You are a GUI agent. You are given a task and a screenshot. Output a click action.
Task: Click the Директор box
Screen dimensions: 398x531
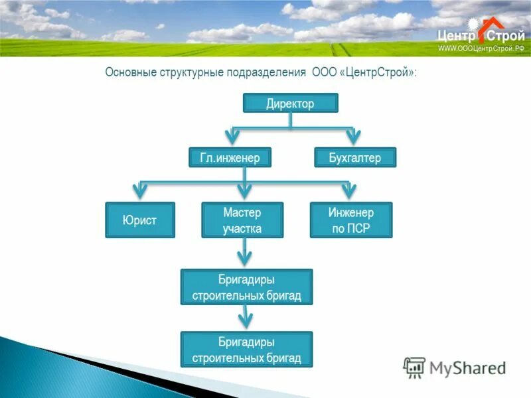tap(291, 103)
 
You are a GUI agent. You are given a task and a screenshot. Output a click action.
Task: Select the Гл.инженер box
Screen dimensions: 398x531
tap(230, 157)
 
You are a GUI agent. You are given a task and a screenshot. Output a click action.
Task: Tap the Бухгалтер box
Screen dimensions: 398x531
tap(354, 157)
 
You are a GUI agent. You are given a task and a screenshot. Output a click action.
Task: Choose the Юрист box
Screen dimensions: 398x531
tap(140, 220)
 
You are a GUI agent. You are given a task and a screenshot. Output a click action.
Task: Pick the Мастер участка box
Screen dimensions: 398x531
tap(242, 220)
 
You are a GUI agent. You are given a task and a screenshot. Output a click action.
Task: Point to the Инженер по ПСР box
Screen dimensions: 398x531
tap(351, 220)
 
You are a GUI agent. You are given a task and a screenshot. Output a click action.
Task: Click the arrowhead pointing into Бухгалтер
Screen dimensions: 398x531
tap(353, 137)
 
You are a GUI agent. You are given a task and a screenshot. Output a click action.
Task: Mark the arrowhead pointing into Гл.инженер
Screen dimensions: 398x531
tap(231, 137)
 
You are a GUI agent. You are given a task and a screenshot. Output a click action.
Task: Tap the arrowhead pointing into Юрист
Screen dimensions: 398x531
tap(141, 191)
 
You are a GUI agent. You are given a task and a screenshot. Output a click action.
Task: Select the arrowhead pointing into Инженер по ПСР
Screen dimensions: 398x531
tap(349, 191)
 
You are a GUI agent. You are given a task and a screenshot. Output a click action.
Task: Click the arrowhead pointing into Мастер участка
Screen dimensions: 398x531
tap(244, 191)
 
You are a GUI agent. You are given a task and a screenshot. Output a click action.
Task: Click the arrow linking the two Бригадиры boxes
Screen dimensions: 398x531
tap(245, 317)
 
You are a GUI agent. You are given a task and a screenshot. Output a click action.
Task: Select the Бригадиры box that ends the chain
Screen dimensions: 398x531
tap(246, 350)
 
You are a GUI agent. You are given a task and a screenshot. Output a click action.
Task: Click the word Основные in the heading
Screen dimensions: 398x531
tap(129, 72)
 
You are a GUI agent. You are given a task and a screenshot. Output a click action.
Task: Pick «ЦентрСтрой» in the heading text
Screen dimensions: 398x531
tap(377, 72)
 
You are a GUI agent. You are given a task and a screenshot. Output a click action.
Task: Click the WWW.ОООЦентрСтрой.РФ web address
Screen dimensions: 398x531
tap(481, 48)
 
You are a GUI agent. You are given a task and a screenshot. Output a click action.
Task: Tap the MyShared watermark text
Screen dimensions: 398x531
tap(467, 367)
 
